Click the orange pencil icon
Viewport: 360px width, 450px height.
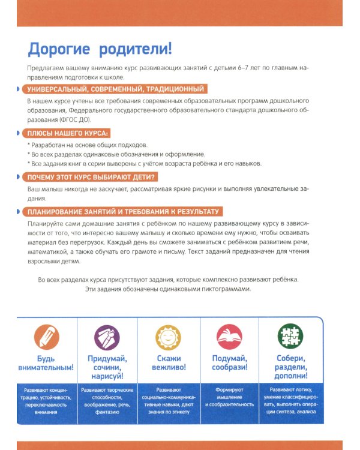pos(47,336)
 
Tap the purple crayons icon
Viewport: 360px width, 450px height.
pos(107,336)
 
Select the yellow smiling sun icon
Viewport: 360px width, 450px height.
pos(168,336)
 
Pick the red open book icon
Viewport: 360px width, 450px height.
pos(228,336)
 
